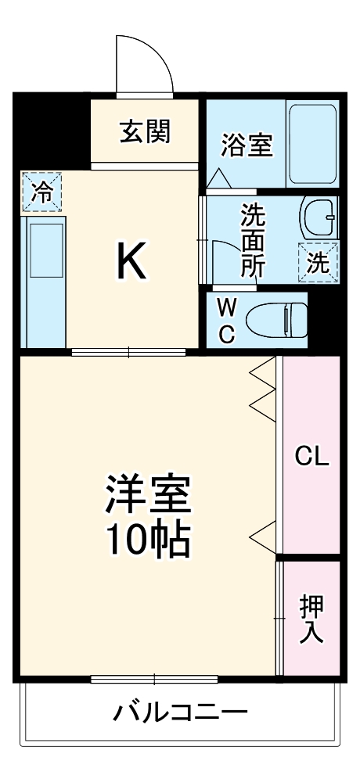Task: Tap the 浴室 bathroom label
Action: click(x=247, y=145)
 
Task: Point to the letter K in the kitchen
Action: click(x=131, y=263)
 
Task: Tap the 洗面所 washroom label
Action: click(x=252, y=239)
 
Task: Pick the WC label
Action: click(x=226, y=319)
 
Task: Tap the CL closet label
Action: click(x=311, y=456)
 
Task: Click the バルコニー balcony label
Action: click(x=181, y=713)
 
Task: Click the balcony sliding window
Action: click(x=153, y=677)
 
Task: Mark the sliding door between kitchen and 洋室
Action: click(x=129, y=352)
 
